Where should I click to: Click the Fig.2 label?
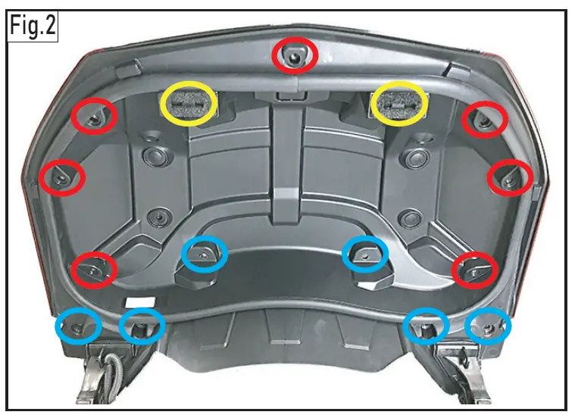tap(33, 28)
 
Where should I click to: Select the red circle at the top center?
tap(295, 56)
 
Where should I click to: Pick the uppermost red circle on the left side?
tap(95, 117)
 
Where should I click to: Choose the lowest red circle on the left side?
tap(94, 270)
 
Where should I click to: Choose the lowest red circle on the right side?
tap(474, 269)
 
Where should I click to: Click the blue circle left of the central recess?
tap(205, 254)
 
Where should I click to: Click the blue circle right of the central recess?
tap(365, 254)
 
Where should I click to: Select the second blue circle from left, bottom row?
tap(142, 326)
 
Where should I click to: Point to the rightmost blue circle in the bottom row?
tap(488, 326)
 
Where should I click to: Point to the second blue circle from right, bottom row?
tap(426, 326)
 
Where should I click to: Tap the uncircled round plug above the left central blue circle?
tap(158, 217)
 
